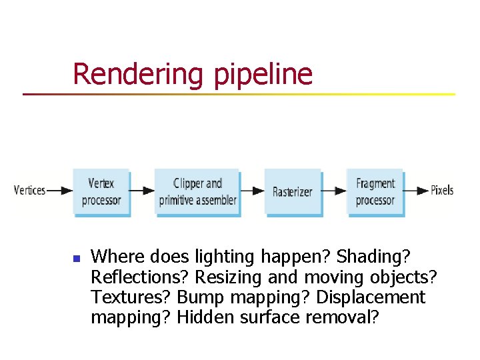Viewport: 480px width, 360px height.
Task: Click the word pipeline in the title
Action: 263,74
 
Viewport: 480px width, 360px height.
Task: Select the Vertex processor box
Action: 101,191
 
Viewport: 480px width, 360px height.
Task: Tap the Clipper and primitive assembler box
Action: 197,191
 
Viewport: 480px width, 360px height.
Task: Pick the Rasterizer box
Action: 292,191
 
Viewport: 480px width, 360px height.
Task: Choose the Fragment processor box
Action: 375,191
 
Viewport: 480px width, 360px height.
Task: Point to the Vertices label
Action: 29,191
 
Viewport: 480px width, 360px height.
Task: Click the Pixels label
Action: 442,190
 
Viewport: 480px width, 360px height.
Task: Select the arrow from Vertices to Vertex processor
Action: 60,191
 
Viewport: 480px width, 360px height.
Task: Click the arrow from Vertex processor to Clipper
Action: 141,191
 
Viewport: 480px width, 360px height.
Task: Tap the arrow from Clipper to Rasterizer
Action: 252,191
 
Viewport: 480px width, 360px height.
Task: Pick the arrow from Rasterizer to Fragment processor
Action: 334,191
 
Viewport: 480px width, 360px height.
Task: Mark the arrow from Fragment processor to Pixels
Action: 417,191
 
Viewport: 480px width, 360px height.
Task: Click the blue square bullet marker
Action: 76,257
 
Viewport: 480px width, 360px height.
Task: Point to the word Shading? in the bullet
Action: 373,257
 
